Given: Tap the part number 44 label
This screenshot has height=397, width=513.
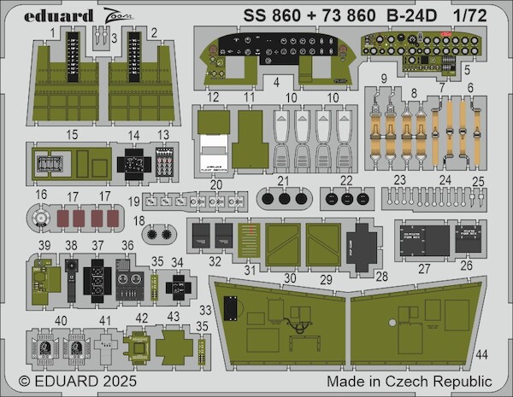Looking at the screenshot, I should coord(481,353).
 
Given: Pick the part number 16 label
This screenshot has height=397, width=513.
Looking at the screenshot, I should coord(40,195).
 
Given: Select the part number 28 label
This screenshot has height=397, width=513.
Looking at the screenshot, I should coord(382,277).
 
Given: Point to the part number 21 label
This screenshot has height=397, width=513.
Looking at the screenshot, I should coord(282,179).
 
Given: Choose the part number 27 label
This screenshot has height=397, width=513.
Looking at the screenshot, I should coord(425,268).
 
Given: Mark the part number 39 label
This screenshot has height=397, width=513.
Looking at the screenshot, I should coord(43,245).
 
